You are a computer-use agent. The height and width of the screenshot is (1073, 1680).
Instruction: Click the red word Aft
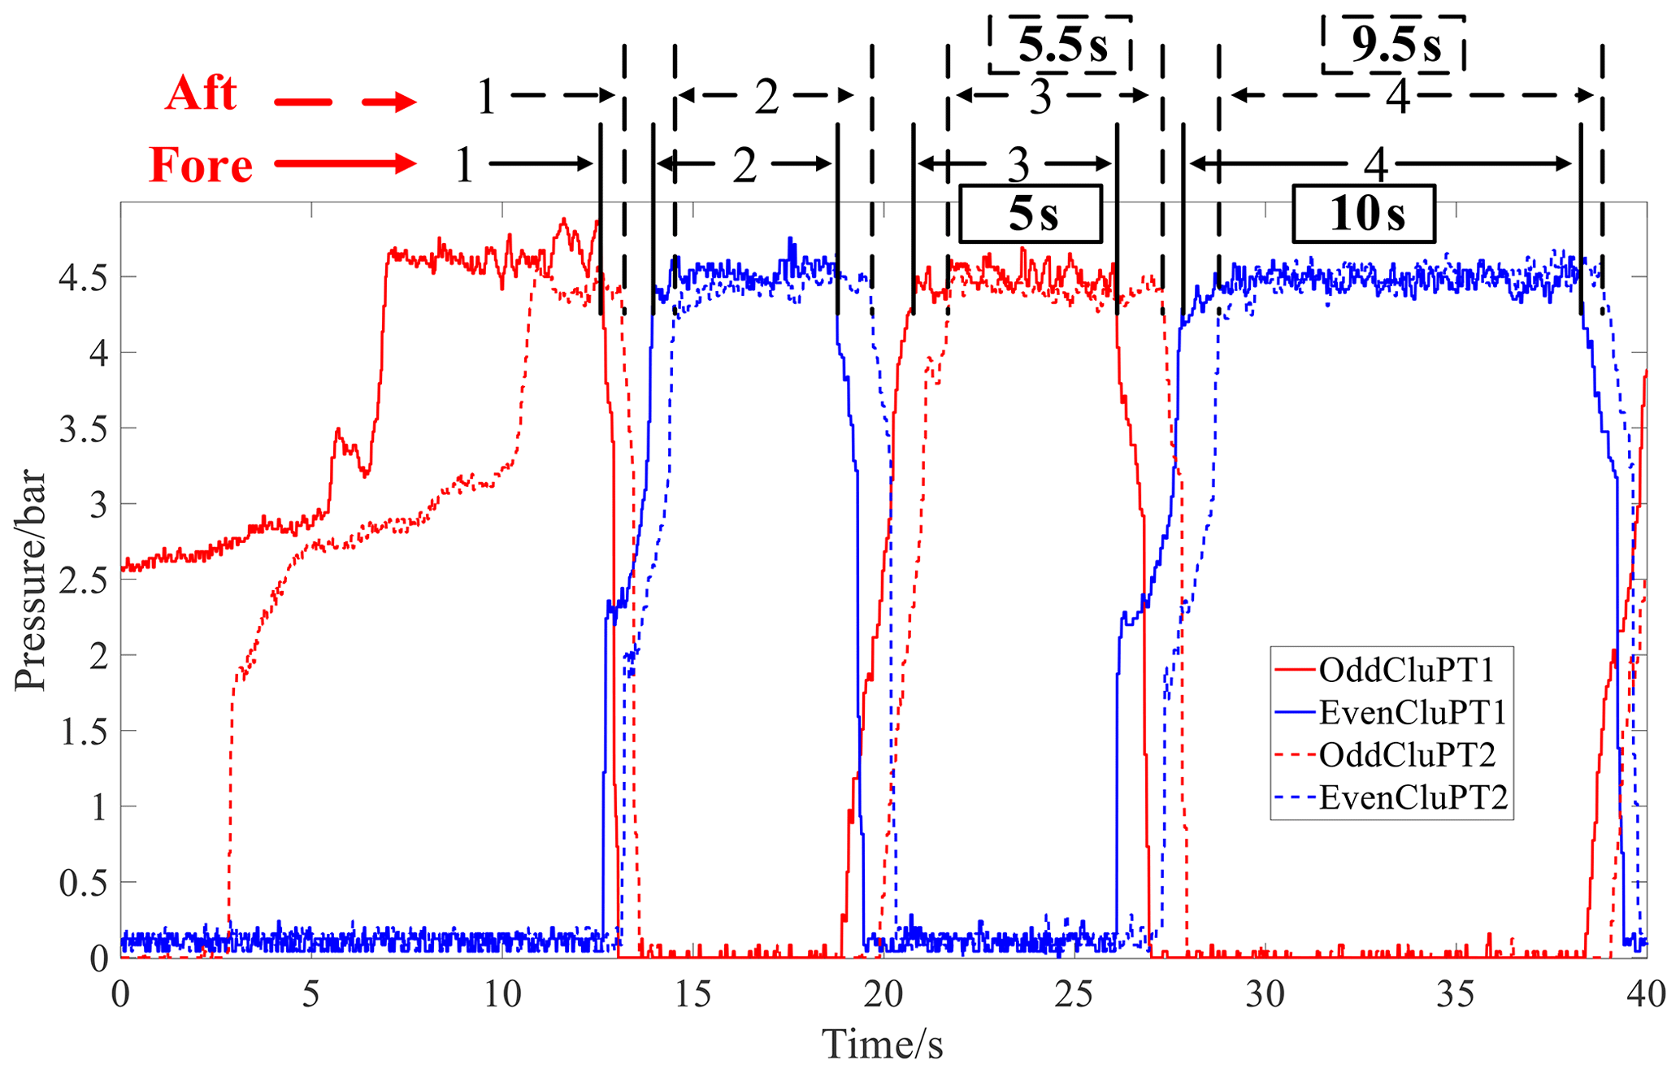click(x=201, y=93)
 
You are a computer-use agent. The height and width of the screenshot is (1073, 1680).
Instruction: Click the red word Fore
click(x=201, y=165)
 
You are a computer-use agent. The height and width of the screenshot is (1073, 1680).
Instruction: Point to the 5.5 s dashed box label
click(x=1061, y=45)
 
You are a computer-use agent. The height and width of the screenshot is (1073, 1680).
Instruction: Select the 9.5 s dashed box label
click(x=1395, y=45)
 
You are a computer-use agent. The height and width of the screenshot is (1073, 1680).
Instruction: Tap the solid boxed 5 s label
click(x=1031, y=214)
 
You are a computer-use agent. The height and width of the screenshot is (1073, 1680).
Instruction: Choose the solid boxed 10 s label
click(x=1365, y=214)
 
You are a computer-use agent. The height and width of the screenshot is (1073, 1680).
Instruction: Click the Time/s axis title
click(x=883, y=1043)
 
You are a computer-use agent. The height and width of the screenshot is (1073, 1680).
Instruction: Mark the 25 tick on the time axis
click(x=1074, y=993)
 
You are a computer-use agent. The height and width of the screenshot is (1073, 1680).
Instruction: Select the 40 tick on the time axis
click(x=1646, y=993)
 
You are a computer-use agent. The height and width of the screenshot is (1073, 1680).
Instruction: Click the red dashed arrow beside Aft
click(x=345, y=102)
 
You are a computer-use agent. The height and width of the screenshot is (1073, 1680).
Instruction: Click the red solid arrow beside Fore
click(x=345, y=164)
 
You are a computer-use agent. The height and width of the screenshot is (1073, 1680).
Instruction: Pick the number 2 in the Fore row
click(x=744, y=165)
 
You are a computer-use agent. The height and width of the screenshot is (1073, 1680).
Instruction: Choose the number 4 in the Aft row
click(x=1397, y=97)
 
